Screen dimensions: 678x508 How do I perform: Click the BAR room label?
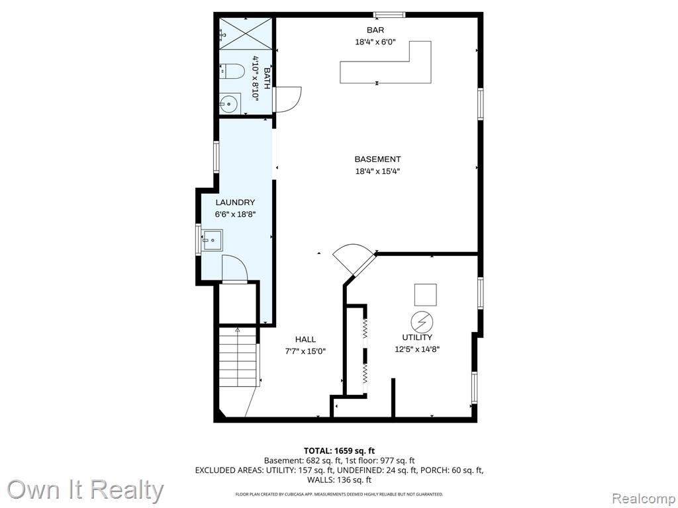click(375, 30)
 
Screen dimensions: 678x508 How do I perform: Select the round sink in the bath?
click(230, 103)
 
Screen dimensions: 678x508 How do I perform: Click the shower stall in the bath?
click(246, 34)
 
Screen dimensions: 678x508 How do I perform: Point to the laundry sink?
click(213, 239)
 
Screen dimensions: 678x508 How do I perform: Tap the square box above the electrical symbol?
click(426, 294)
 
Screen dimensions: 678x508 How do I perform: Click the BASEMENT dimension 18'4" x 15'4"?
click(377, 171)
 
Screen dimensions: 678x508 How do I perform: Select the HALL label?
click(305, 339)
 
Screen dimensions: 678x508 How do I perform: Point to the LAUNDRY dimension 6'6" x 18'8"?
click(236, 214)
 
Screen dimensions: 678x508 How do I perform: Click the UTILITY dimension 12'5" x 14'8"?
click(417, 349)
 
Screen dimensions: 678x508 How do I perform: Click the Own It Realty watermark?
click(85, 491)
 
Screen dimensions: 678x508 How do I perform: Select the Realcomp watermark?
click(644, 499)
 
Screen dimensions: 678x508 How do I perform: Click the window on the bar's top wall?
click(389, 15)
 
